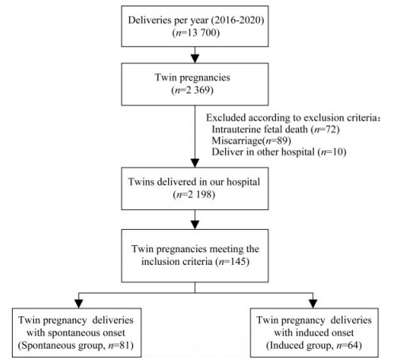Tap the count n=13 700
196,33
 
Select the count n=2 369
194,90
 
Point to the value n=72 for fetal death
325,129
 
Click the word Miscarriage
236,140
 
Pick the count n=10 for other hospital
332,152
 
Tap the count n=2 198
194,195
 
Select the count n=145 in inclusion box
232,262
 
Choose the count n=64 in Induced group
347,346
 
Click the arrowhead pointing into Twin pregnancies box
195,59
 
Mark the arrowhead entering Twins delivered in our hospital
195,163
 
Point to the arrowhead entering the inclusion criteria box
195,224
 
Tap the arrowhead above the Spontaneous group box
78,304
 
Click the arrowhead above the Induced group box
313,304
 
